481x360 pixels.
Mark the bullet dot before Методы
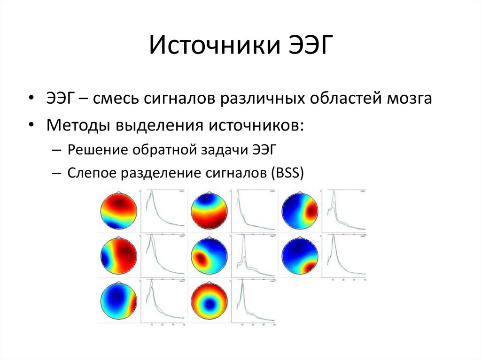tap(31, 125)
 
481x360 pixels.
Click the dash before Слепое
tap(57, 173)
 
